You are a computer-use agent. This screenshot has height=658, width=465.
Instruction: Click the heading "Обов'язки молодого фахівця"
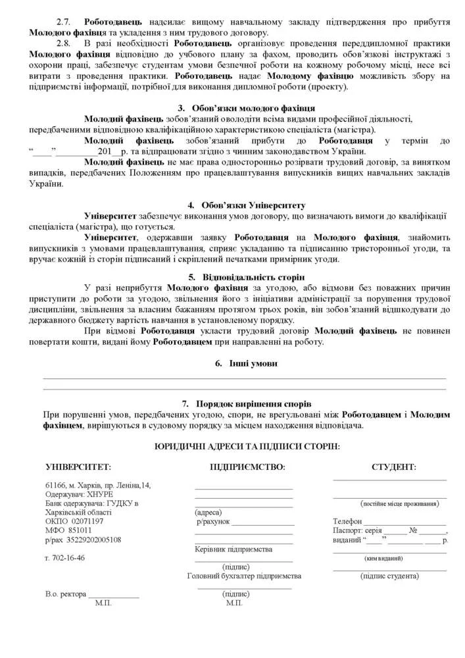253,107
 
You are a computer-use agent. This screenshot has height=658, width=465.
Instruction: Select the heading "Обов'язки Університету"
246,205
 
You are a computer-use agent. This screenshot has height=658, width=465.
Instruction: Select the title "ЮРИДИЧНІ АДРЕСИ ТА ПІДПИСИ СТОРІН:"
247,446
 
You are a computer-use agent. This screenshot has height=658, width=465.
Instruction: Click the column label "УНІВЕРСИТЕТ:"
78,467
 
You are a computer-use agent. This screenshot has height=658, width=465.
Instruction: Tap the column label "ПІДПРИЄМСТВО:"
247,467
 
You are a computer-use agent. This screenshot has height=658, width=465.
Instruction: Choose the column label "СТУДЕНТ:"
393,467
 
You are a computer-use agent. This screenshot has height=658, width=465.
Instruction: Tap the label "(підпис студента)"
389,576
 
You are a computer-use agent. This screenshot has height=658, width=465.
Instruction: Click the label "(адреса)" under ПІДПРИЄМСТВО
208,512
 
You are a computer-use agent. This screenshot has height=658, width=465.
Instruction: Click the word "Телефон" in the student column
347,521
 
